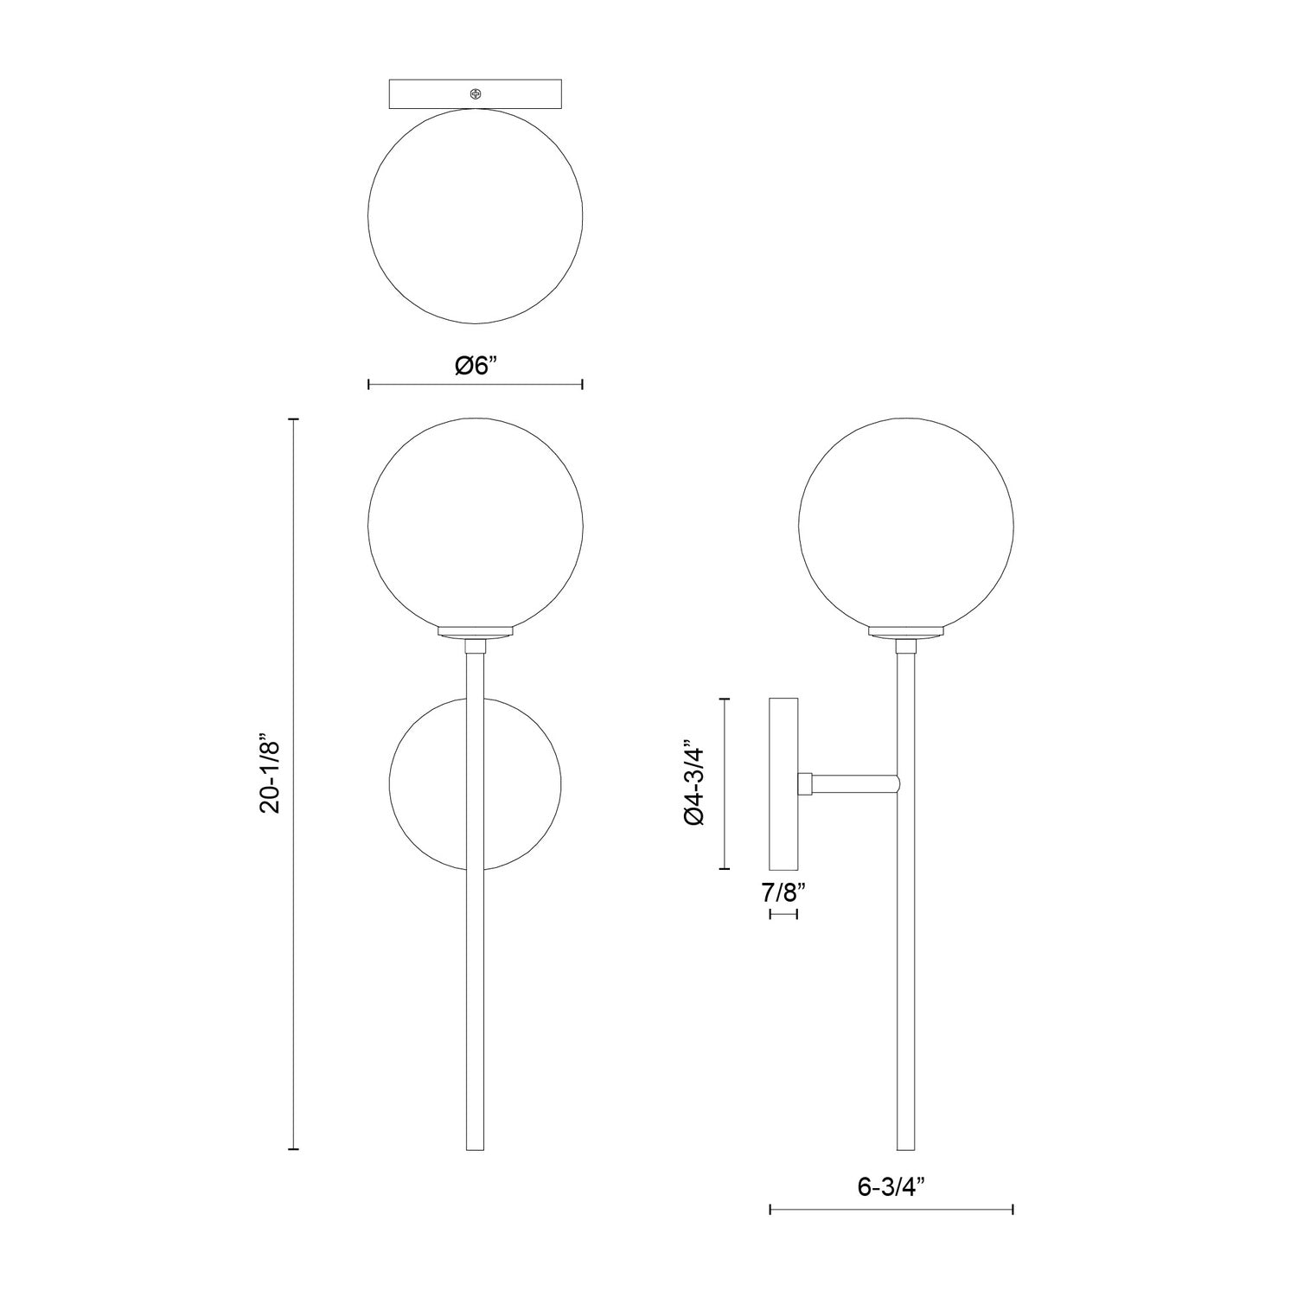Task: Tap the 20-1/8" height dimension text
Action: coord(271,775)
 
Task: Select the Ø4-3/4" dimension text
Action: coord(696,783)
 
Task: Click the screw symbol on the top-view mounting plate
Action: coord(475,93)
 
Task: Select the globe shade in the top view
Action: coord(475,216)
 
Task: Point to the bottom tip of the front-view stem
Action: coord(475,1147)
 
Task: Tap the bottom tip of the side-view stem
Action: coord(906,1147)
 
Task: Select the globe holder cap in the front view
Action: coord(475,632)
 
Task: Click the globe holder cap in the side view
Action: coord(906,632)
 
